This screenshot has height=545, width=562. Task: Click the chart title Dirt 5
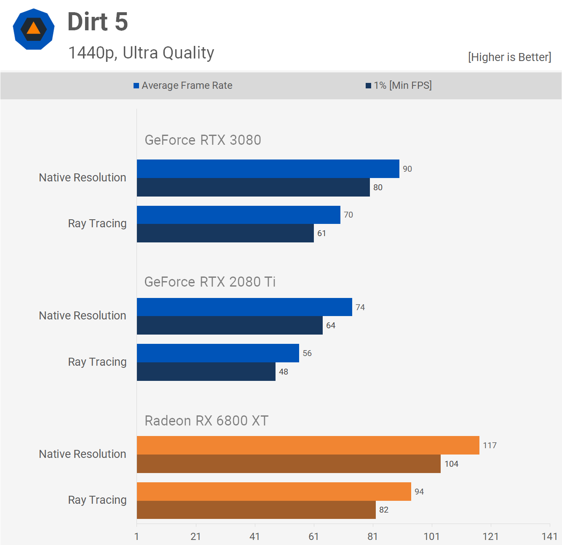coord(98,22)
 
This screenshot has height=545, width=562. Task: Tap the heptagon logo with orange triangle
coord(34,29)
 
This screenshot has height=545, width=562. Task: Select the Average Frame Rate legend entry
coord(183,85)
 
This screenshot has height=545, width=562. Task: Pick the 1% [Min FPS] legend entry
coord(399,85)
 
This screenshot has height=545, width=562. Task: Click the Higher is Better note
coord(509,57)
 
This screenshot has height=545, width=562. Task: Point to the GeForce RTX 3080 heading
coord(203,140)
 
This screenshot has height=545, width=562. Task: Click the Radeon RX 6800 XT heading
coord(206,420)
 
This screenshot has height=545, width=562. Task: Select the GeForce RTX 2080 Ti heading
coord(210,282)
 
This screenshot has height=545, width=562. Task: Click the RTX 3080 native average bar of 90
coord(268,169)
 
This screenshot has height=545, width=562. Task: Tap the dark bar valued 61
coord(225,233)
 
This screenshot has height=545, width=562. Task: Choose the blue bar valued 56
coord(218,353)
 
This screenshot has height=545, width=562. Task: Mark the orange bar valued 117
coord(308,445)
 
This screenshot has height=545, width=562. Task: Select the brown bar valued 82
coord(256,510)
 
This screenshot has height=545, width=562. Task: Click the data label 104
coord(451,464)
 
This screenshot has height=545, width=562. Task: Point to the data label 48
coord(284,372)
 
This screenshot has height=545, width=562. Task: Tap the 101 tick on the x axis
coord(431,536)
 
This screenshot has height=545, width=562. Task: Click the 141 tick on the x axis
coord(549,536)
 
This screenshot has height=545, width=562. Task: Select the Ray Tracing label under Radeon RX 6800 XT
coord(97,500)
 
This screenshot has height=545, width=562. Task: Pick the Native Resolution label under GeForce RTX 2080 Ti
coord(83,316)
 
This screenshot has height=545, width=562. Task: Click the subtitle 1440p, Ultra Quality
coord(141,53)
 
